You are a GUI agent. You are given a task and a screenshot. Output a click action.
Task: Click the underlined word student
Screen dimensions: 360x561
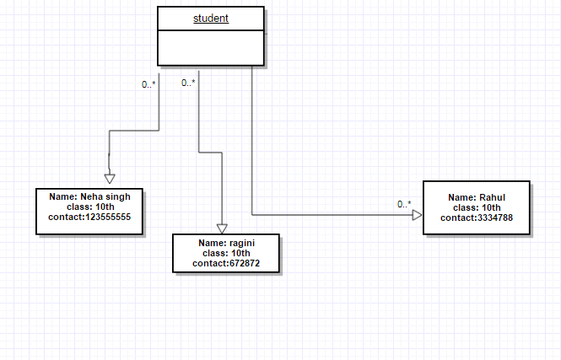pos(211,18)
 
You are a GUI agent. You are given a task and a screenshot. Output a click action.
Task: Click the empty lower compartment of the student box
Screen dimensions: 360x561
pos(211,47)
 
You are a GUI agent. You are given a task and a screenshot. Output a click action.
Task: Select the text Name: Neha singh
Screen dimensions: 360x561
pos(89,196)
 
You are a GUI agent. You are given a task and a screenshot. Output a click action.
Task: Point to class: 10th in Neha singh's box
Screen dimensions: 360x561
pos(89,207)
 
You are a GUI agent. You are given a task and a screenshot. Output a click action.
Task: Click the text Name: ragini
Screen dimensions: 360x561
pos(226,243)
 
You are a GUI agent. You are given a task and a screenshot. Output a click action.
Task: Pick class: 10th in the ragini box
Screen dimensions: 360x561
pos(226,253)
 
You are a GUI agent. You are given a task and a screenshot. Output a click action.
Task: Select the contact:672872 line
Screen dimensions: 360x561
pos(226,263)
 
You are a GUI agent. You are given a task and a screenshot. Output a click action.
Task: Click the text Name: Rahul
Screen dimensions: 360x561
pos(477,197)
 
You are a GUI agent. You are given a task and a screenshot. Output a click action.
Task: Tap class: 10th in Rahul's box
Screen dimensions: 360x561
pos(477,207)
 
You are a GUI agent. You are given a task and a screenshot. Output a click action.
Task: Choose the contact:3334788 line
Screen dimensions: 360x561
pos(477,218)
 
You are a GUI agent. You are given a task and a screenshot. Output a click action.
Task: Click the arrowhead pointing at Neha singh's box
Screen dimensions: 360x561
pos(109,178)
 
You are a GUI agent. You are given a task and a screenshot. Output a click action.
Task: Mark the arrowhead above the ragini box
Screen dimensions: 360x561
pos(222,228)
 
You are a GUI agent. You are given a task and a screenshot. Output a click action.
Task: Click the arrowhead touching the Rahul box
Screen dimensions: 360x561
pos(417,215)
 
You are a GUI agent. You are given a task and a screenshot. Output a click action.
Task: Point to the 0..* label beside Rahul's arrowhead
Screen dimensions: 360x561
pos(404,204)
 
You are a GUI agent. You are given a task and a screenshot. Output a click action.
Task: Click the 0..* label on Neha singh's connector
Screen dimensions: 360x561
pos(148,83)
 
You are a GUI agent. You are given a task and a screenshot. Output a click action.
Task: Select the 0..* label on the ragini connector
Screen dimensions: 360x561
pos(188,83)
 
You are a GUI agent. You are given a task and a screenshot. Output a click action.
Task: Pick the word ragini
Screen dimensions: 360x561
pos(240,243)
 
